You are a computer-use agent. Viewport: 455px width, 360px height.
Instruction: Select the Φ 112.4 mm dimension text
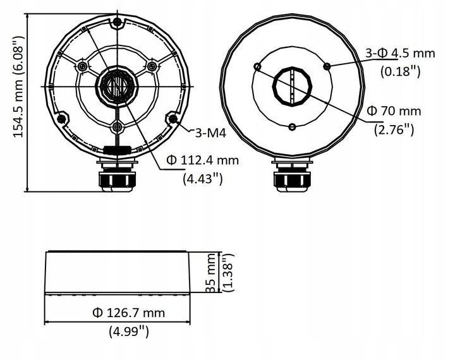[202, 160]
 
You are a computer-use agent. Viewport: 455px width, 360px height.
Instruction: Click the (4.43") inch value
[202, 179]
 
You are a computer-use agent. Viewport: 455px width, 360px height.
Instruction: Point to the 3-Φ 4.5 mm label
[400, 53]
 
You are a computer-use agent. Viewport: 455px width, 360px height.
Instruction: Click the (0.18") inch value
[401, 71]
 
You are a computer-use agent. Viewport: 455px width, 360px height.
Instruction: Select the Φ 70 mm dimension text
[394, 111]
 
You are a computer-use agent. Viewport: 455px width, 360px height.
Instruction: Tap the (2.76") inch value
[394, 129]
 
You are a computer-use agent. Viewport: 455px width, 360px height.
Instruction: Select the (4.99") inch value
[128, 330]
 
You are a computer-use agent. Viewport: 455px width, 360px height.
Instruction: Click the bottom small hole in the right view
[292, 127]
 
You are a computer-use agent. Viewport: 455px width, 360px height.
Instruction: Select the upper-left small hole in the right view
[257, 66]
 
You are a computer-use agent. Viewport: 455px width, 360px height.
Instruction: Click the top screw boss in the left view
[116, 24]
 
